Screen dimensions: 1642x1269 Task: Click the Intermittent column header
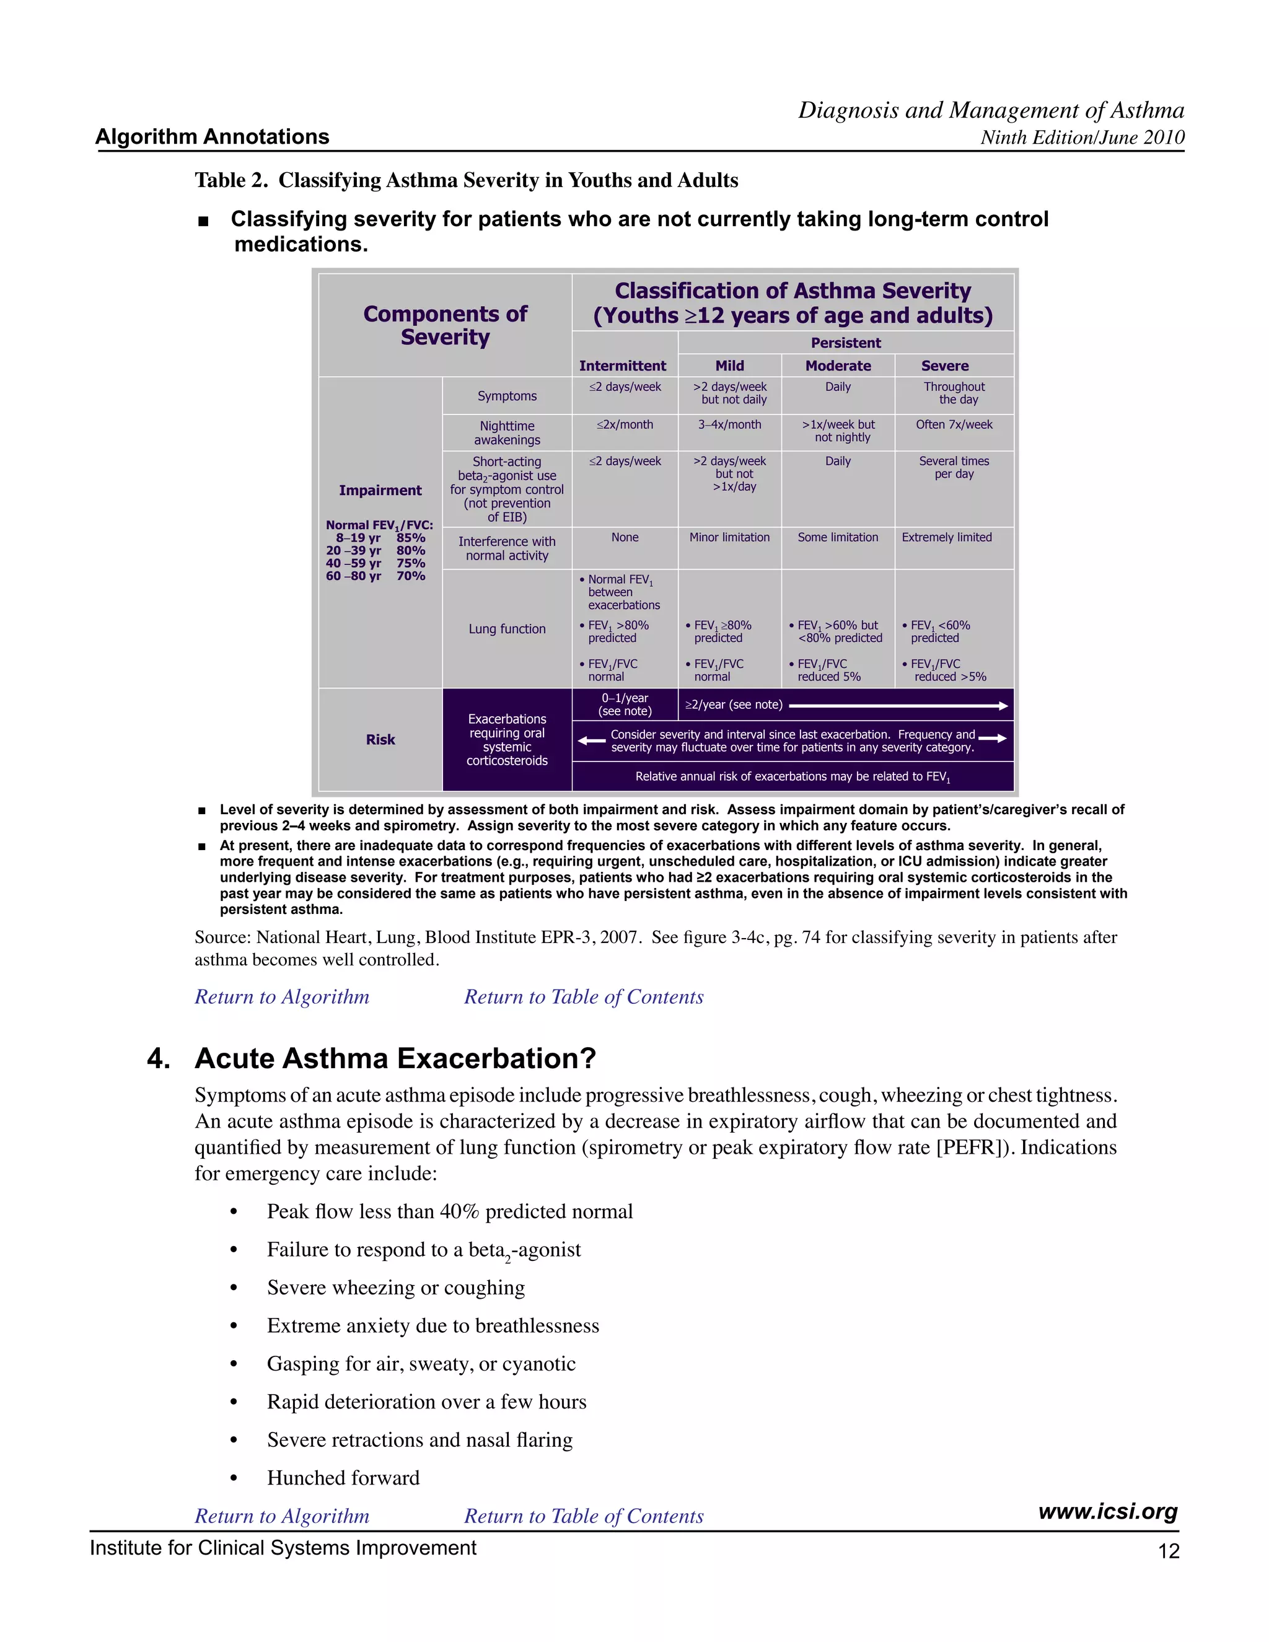click(623, 366)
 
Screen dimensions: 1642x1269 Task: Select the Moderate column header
click(838, 366)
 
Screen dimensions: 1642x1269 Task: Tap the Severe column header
click(944, 366)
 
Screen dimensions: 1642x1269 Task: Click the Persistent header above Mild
click(845, 343)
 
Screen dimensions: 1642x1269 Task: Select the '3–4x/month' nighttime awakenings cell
click(729, 425)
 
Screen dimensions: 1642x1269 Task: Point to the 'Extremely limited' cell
click(947, 538)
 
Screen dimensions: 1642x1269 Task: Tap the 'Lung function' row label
click(507, 628)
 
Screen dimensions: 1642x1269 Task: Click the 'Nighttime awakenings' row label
click(507, 433)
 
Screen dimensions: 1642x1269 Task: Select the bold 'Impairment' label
click(380, 490)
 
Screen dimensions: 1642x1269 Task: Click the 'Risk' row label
click(380, 739)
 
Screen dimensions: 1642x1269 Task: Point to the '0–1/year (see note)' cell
click(624, 705)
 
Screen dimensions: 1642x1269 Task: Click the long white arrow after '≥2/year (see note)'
click(898, 705)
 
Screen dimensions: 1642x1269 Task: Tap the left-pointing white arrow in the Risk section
click(592, 740)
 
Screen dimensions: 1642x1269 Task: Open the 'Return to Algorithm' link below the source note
click(282, 997)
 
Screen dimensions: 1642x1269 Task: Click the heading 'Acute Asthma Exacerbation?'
click(395, 1058)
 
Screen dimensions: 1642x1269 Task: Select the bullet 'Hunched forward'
click(343, 1478)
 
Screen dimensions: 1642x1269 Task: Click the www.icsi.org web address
click(1107, 1511)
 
